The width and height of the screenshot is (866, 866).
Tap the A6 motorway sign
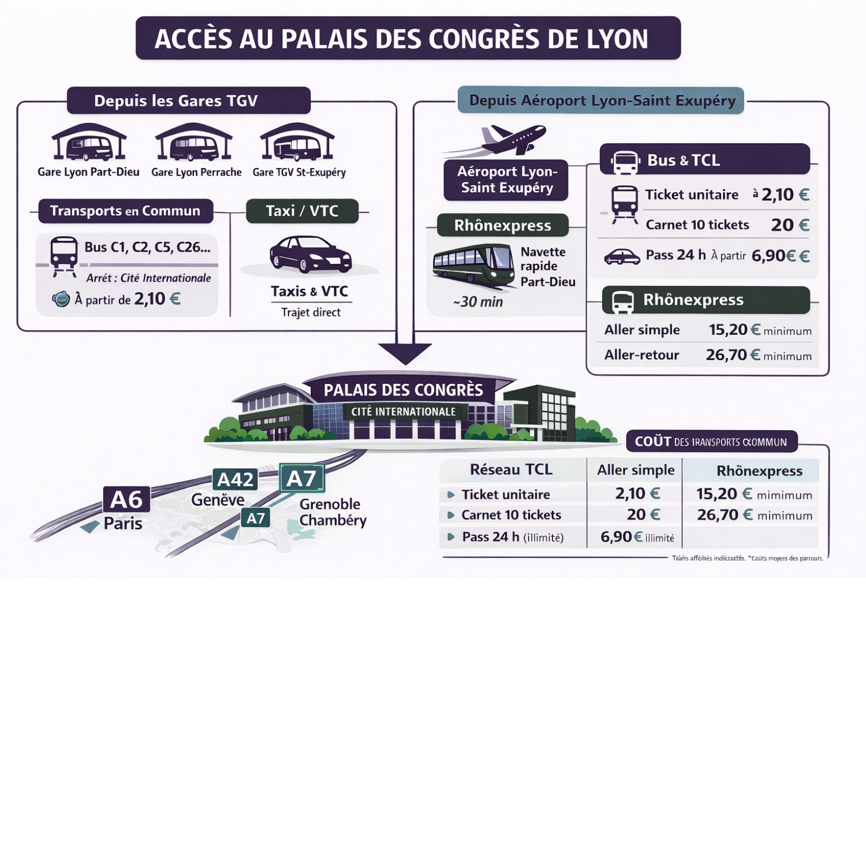[126, 499]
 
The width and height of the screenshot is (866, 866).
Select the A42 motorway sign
[235, 479]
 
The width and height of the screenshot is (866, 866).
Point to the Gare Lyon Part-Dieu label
[88, 172]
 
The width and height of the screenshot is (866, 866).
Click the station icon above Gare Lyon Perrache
[194, 143]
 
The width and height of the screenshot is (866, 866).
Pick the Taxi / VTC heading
[302, 211]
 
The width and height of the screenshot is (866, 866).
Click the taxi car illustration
[311, 255]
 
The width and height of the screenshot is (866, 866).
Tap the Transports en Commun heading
[125, 211]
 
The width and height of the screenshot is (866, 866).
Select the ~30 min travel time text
[478, 302]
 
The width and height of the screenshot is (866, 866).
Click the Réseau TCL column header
[511, 470]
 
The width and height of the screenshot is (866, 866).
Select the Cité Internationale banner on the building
[404, 412]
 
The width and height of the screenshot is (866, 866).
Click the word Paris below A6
[123, 524]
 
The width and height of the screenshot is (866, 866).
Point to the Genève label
[218, 500]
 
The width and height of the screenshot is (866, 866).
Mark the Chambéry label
[333, 520]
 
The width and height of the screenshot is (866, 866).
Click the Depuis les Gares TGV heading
[176, 101]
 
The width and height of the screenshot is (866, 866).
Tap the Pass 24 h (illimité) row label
[513, 537]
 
